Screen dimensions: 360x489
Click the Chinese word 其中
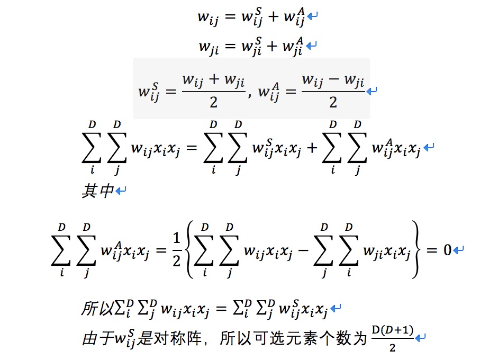click(x=97, y=191)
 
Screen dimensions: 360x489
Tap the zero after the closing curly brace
click(x=447, y=249)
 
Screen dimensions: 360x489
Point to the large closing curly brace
click(x=416, y=250)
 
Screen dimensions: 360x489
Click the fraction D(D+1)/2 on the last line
click(x=392, y=338)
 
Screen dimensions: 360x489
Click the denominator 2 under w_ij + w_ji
click(x=213, y=102)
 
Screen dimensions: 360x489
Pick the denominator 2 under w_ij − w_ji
click(x=333, y=102)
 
